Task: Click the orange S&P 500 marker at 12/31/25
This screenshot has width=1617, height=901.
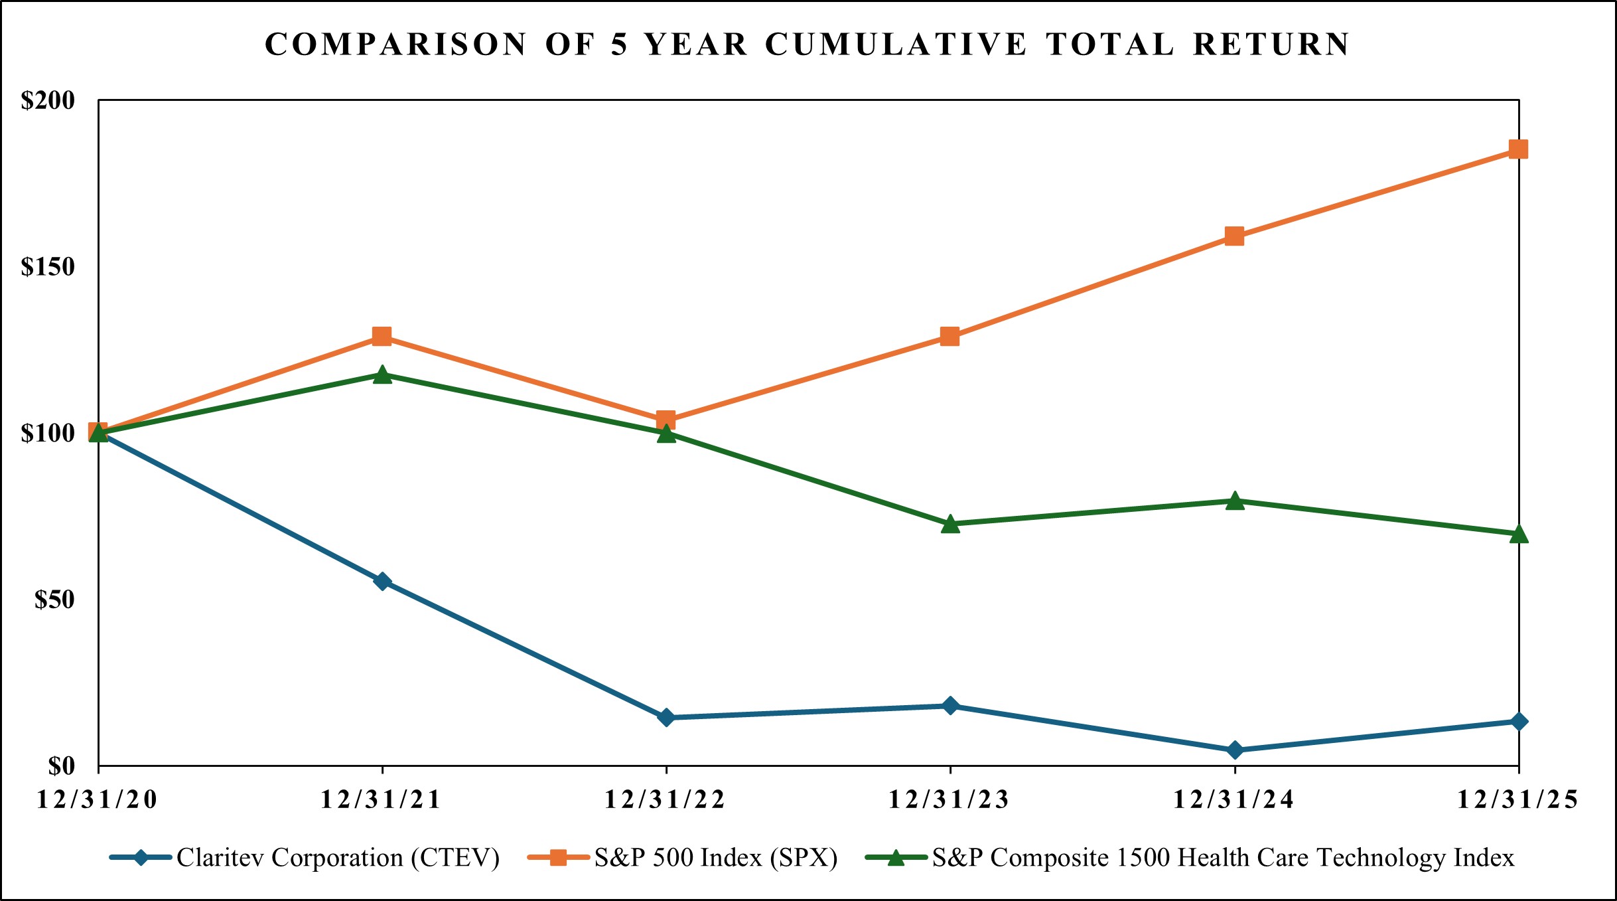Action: pyautogui.click(x=1518, y=149)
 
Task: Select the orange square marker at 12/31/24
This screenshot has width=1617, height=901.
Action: pyautogui.click(x=1234, y=236)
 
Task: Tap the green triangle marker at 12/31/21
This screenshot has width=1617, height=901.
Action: pyautogui.click(x=382, y=375)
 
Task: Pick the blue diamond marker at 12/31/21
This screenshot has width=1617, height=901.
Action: pyautogui.click(x=382, y=582)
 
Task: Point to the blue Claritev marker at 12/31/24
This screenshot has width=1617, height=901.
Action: pyautogui.click(x=1235, y=750)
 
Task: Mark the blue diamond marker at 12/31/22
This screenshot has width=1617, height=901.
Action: pyautogui.click(x=666, y=718)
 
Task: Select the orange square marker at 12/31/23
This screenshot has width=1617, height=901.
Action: pyautogui.click(x=950, y=337)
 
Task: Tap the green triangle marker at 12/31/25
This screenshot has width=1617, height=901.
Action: pyautogui.click(x=1519, y=534)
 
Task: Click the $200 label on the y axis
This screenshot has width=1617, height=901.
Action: pyautogui.click(x=48, y=101)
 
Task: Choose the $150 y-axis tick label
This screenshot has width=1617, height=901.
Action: pyautogui.click(x=48, y=267)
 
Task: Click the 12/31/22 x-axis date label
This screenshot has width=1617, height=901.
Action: pyautogui.click(x=665, y=800)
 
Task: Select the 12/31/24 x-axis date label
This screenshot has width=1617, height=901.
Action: pyautogui.click(x=1233, y=800)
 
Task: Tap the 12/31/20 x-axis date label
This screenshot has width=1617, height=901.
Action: pyautogui.click(x=97, y=800)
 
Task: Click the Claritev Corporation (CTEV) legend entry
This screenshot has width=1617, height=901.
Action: pyautogui.click(x=338, y=858)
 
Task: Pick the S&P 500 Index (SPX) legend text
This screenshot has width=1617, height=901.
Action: pyautogui.click(x=715, y=858)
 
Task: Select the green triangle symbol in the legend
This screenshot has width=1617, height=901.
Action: pyautogui.click(x=896, y=858)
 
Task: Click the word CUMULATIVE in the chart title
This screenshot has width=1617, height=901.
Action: pyautogui.click(x=896, y=45)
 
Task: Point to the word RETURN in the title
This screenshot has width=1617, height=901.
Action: pyautogui.click(x=1271, y=45)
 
